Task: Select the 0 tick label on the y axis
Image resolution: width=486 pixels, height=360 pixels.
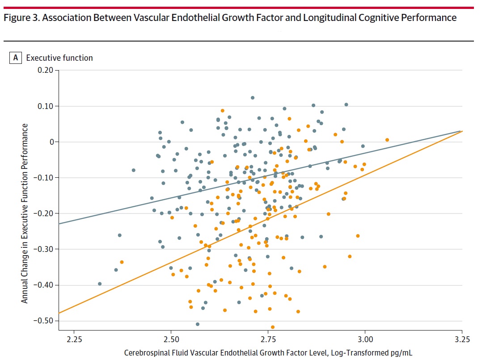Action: [x=51, y=142]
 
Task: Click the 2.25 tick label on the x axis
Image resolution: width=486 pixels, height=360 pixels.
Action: [x=74, y=339]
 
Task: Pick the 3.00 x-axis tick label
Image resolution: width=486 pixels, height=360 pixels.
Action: [x=365, y=339]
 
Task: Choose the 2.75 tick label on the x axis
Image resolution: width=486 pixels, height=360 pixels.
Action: [x=268, y=339]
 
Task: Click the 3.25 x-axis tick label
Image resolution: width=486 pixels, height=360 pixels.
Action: [x=462, y=339]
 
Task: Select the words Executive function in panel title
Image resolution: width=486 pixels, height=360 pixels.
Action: [x=59, y=58]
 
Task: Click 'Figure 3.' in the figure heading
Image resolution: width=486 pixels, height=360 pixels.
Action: [x=17, y=18]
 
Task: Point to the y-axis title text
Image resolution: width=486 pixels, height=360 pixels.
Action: [x=25, y=213]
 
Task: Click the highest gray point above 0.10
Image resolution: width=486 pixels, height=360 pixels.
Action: [x=253, y=97]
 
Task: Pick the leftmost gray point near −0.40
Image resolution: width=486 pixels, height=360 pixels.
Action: [x=100, y=284]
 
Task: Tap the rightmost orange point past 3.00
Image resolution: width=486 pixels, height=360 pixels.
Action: [x=387, y=140]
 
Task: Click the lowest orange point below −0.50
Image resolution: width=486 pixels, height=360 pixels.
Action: [x=273, y=327]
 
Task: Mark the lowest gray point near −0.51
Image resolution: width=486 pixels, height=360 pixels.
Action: [x=198, y=324]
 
